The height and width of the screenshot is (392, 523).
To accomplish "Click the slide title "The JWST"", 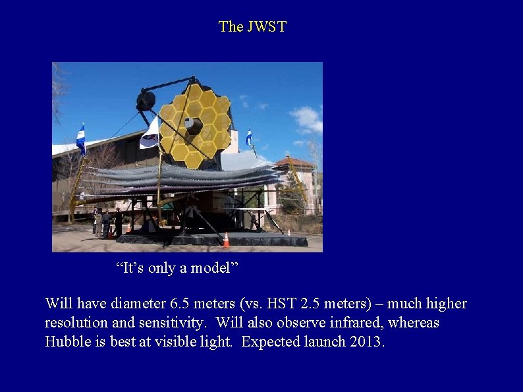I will coord(252,27).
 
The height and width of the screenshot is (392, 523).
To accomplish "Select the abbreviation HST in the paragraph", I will coord(269,304).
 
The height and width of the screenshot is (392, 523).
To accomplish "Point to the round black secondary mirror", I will coord(146,101).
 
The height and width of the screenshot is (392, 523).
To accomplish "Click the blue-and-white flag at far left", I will coord(81,139).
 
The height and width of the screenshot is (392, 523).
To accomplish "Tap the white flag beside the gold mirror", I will coord(151,134).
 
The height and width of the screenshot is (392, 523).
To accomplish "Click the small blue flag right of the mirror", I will coord(249,136).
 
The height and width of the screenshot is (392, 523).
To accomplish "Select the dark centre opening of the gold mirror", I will coord(194,125).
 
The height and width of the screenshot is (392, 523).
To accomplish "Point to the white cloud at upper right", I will coord(307,119).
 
